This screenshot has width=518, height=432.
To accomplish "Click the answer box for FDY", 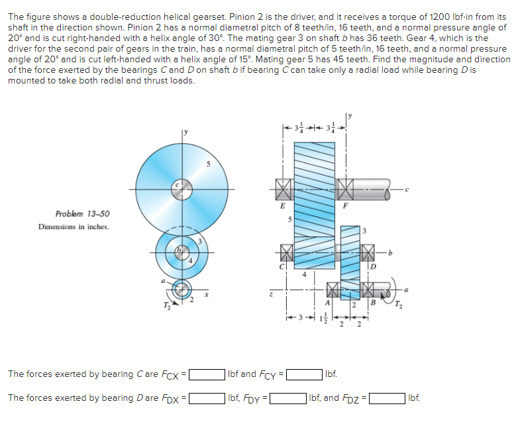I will (287, 399).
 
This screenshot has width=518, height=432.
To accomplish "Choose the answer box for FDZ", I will (388, 399).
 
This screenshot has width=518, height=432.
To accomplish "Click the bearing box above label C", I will (284, 252).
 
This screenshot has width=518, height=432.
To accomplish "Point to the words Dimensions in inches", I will (74, 227).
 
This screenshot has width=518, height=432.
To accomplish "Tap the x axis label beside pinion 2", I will (205, 297).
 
